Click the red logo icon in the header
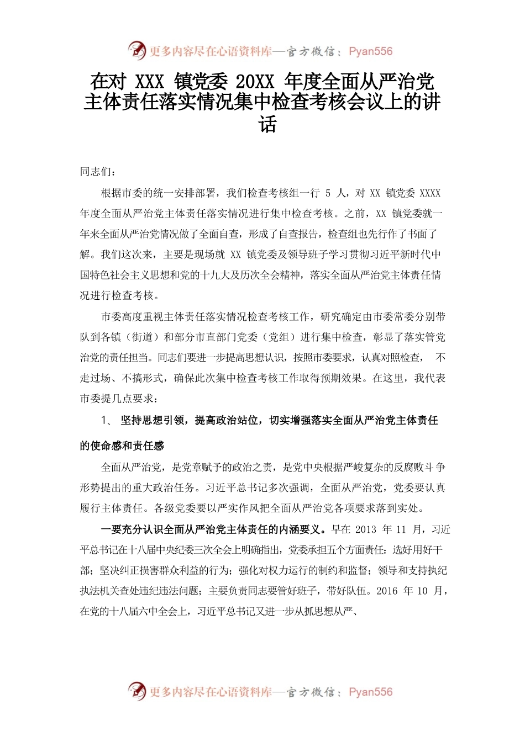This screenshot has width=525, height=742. coord(136,51)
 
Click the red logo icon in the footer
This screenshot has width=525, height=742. coord(136,691)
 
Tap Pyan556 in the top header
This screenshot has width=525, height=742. coord(370,51)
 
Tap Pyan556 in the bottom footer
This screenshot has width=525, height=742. coord(370,692)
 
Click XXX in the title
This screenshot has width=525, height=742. coord(149,82)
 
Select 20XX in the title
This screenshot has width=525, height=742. coord(255,82)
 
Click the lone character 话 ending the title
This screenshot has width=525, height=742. coord(267,124)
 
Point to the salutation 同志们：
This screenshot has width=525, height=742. coord(98,172)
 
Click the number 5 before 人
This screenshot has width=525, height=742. coord(328,193)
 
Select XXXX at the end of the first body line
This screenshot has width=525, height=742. coord(430,193)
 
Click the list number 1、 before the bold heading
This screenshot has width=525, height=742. coord(107,420)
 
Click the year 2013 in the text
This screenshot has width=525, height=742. coord(365,529)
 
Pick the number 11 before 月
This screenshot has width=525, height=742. coord(401,529)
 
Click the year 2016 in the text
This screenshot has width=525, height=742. coord(386,591)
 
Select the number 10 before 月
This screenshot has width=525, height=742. coord(422,591)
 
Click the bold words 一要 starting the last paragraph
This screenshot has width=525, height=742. coord(111,529)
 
